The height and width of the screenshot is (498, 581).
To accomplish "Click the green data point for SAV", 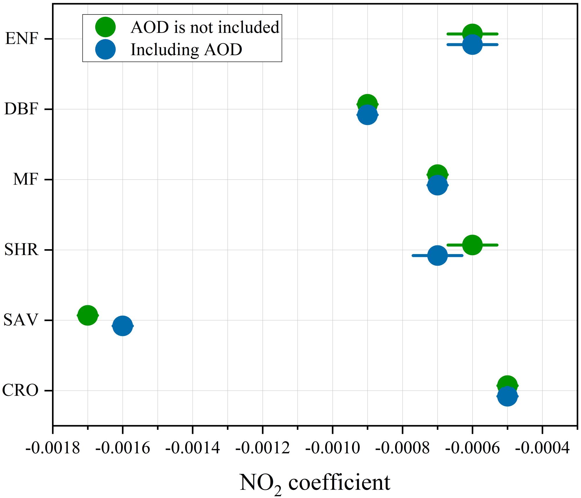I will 87,315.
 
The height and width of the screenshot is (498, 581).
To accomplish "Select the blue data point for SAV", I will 123,326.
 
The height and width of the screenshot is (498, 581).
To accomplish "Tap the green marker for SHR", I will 472,245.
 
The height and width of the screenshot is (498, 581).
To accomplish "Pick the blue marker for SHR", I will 437,255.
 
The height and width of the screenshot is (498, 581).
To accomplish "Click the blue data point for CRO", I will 507,396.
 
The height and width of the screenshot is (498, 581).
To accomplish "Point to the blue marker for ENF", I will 472,44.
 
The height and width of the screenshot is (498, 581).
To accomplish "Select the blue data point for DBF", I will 367,115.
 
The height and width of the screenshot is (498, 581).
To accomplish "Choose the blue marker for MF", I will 437,185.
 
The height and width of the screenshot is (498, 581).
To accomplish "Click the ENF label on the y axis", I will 22,39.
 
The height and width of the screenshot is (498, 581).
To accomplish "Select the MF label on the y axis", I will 26,179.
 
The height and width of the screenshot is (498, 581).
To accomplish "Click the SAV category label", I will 21,320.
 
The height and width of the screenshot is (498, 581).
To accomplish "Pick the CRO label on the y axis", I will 20,391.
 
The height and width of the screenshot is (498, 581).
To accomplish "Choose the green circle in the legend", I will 105,27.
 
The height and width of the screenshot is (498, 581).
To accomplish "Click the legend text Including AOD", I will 186,50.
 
